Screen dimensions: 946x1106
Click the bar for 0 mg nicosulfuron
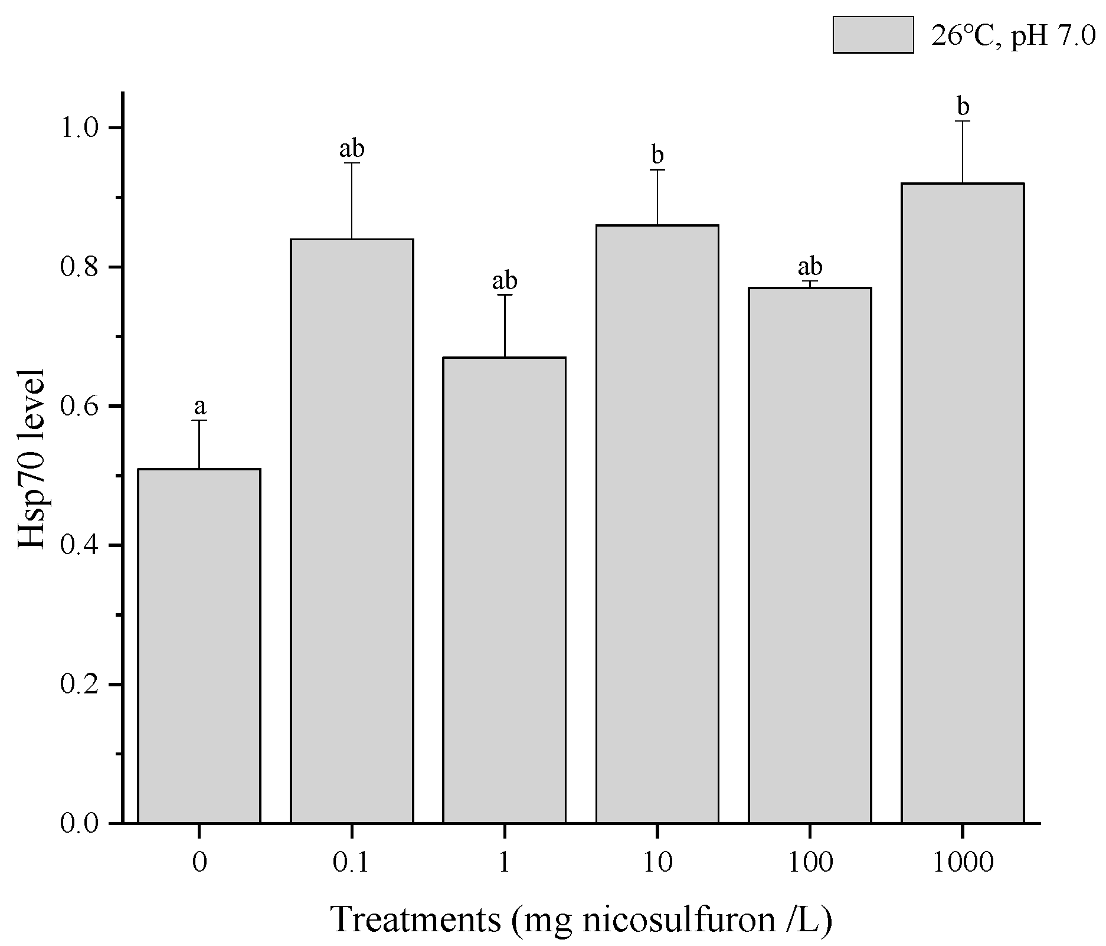tap(199, 646)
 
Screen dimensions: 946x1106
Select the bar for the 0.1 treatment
tap(352, 531)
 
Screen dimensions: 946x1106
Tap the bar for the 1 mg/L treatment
tap(505, 590)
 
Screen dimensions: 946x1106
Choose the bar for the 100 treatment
tap(810, 555)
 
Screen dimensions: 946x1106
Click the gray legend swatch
tap(873, 35)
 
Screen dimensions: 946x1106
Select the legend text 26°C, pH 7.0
tap(1012, 37)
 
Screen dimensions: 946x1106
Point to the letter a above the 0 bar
tap(200, 406)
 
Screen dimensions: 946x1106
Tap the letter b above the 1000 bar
tap(963, 107)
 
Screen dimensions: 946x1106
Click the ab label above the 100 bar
tap(810, 267)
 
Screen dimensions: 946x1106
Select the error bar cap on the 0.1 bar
tap(352, 163)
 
